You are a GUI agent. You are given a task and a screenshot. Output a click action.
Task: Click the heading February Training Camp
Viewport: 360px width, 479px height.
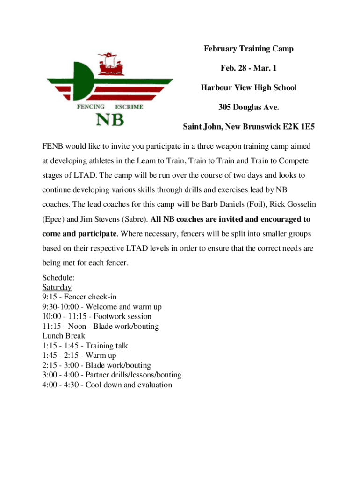click(248, 49)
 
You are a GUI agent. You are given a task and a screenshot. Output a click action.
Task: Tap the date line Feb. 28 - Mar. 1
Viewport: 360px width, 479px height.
click(248, 68)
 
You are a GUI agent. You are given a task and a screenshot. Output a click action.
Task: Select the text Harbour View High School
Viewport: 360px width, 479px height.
click(248, 87)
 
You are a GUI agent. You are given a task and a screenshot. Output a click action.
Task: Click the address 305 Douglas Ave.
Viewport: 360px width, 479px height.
click(248, 107)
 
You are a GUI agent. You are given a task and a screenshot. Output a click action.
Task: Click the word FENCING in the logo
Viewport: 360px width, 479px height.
click(90, 107)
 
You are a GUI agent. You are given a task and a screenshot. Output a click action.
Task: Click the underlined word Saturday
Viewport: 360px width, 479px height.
click(57, 287)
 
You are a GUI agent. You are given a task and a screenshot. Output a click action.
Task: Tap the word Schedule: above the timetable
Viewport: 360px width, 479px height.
click(58, 277)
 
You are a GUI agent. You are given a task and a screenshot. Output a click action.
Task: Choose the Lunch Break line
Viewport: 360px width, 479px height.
click(64, 336)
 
